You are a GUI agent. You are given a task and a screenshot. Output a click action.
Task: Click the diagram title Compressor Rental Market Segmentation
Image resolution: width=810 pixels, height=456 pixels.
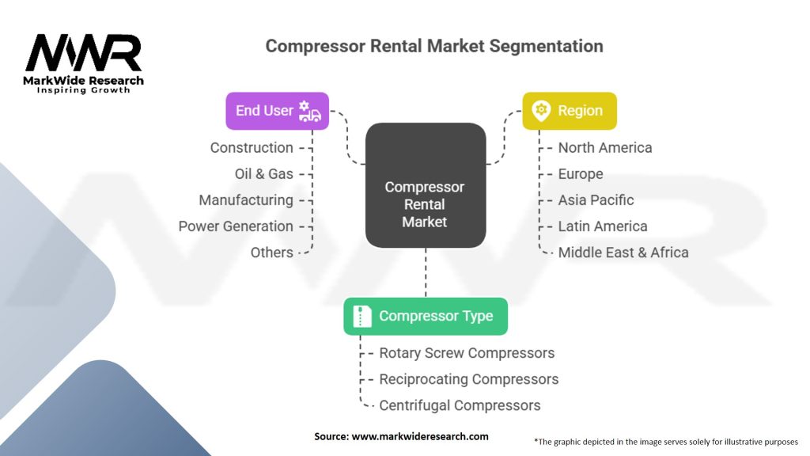tap(433, 46)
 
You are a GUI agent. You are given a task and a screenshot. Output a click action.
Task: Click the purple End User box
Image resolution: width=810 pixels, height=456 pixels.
tap(277, 111)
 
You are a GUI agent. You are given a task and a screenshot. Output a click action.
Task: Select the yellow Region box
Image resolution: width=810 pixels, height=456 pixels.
tap(569, 111)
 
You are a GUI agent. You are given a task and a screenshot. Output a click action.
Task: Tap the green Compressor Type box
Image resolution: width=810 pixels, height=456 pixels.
tap(426, 316)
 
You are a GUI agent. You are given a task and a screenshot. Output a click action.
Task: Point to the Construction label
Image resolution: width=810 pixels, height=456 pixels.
tap(252, 147)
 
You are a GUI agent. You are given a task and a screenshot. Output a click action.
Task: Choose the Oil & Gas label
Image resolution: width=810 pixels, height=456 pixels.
tap(263, 173)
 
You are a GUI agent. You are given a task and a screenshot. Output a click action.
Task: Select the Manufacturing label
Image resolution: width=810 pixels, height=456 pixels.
tap(246, 200)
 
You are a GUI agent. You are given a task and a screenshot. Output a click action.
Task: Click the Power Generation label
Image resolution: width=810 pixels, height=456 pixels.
tap(236, 226)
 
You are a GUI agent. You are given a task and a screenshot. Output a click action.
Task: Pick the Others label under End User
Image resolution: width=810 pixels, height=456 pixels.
tap(271, 253)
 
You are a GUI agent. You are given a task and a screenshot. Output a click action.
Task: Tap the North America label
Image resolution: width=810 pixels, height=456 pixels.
tap(605, 147)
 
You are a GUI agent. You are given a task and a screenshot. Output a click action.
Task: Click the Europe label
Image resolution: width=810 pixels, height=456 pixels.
tap(581, 173)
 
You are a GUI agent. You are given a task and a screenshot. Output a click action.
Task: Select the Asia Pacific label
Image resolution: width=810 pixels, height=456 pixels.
tap(596, 200)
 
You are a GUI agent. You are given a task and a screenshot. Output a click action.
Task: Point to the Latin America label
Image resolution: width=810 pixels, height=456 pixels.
tap(603, 226)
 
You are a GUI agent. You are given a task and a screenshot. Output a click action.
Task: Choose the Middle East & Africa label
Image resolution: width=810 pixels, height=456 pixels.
tap(623, 253)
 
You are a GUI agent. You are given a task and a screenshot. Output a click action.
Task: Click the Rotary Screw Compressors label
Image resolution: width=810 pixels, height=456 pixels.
tap(467, 353)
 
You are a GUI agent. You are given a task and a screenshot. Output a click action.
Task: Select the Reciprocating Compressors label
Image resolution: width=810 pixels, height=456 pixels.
tap(469, 379)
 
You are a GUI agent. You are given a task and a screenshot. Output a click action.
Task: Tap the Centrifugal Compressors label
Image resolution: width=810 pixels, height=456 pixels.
tap(460, 405)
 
